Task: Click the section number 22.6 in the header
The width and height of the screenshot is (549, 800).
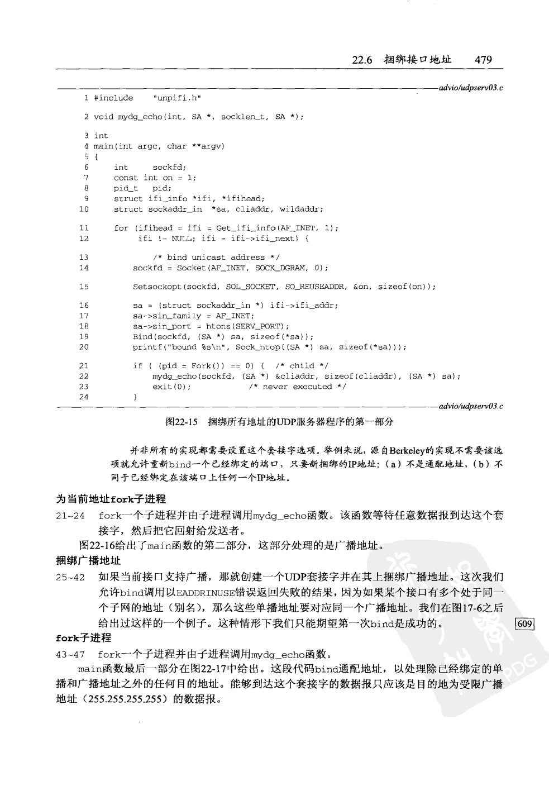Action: tap(362, 60)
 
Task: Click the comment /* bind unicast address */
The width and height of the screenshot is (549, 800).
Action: tap(216, 258)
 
